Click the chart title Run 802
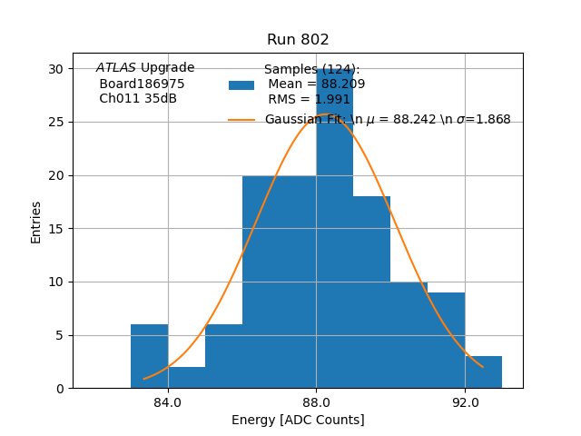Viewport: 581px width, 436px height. (x=298, y=40)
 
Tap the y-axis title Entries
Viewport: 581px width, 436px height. (x=36, y=222)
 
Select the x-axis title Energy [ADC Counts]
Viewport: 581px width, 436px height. (x=298, y=420)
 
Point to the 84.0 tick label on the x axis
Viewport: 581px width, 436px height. (x=168, y=402)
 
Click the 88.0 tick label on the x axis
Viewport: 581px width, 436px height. (x=316, y=402)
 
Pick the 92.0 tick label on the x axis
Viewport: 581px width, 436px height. (x=465, y=402)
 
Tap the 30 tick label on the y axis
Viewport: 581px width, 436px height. (x=56, y=69)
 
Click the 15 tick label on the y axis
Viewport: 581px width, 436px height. (x=56, y=229)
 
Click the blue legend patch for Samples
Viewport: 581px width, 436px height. (x=241, y=85)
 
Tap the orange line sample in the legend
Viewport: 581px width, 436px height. (x=241, y=120)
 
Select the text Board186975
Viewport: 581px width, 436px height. (x=142, y=84)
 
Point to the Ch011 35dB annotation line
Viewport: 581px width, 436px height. (x=138, y=98)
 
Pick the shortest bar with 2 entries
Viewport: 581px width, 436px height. (x=186, y=377)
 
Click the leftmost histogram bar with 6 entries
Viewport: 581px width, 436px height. (x=149, y=356)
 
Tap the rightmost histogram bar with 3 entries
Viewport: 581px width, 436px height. (x=483, y=372)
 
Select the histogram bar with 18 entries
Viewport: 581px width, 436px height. (x=371, y=292)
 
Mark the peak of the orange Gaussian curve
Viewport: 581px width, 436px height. (x=318, y=114)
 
